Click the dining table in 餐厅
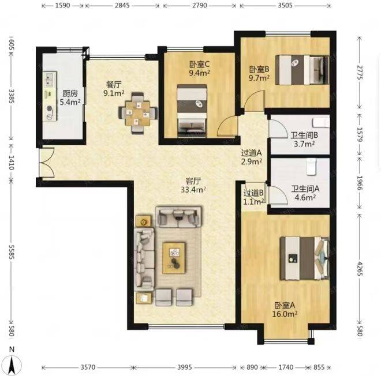tap(138, 113)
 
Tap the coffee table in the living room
tap(174, 258)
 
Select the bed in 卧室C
tap(192, 111)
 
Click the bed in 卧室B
tap(302, 70)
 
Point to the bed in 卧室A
tap(305, 258)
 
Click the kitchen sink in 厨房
tap(50, 80)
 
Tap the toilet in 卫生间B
tap(321, 123)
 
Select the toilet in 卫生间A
tap(311, 167)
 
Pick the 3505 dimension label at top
tap(285, 5)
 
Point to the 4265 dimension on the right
tap(360, 269)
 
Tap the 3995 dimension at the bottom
tap(185, 367)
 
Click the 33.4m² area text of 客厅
tap(193, 190)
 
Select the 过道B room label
tap(253, 193)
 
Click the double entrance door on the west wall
tap(47, 163)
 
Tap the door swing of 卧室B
tap(255, 101)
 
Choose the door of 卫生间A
tap(277, 195)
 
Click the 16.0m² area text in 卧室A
tap(285, 314)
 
